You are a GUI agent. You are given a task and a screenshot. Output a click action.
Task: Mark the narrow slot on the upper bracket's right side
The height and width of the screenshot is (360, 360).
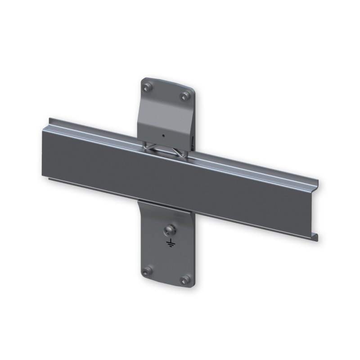[193, 144]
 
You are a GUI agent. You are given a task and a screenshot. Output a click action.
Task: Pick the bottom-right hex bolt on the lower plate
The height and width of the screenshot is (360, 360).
[184, 280]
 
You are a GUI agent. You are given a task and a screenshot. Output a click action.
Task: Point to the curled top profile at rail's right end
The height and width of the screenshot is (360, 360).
[318, 184]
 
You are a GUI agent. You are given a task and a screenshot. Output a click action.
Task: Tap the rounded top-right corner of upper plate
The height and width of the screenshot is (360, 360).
[191, 88]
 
